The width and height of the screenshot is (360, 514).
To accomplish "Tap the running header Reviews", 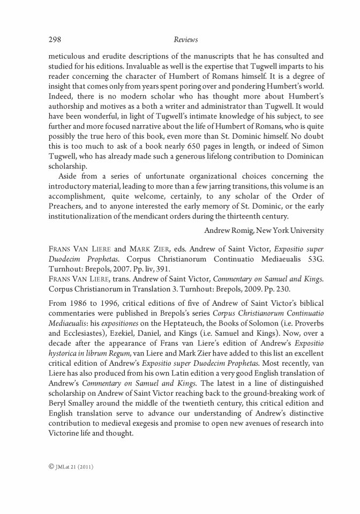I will pos(186,40).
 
